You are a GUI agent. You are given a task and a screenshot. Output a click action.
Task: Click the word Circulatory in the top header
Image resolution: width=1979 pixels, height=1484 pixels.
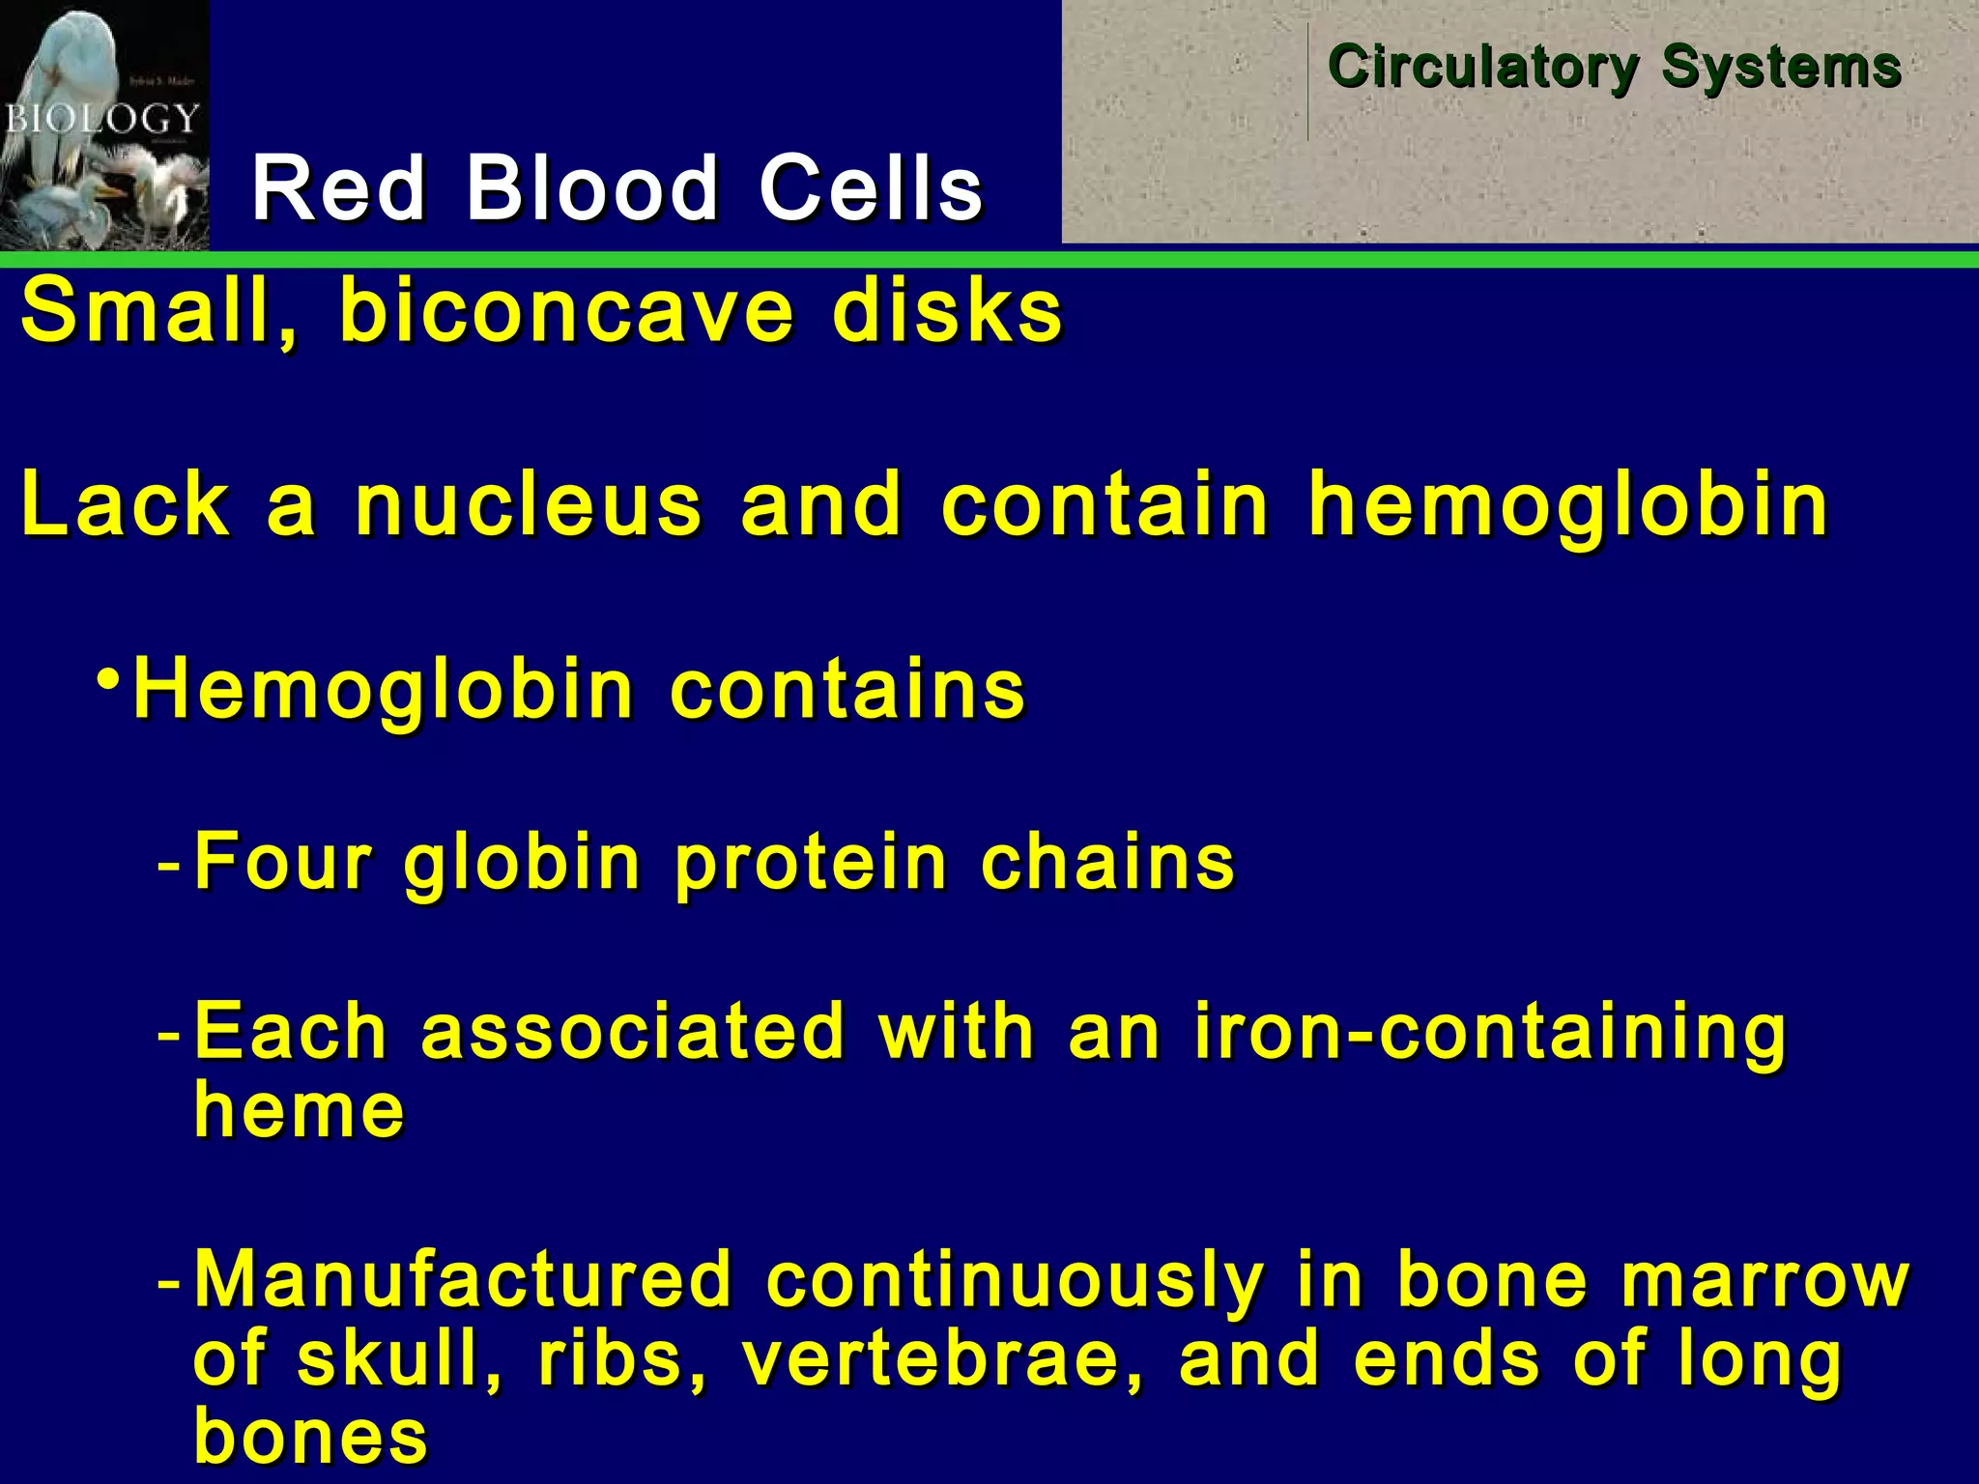1482,68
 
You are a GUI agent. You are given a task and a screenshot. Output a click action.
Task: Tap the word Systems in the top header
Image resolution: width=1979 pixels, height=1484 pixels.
1781,68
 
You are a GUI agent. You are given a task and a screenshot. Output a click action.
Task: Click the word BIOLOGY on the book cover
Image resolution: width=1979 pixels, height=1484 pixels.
100,120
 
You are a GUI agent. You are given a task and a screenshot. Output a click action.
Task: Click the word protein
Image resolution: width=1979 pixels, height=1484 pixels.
811,862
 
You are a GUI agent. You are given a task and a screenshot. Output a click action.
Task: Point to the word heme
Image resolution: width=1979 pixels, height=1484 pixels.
299,1111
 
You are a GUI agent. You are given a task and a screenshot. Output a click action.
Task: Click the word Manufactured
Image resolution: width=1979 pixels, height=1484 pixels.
463,1281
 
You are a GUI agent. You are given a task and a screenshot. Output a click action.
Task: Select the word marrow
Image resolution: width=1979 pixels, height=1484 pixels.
1764,1281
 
